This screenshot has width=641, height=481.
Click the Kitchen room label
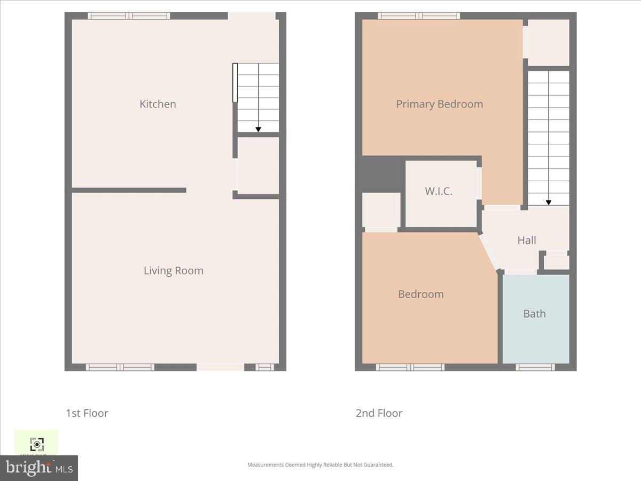158,104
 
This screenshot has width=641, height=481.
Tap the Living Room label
173,270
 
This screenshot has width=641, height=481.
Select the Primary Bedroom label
439,104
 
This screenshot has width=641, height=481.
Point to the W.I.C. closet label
439,191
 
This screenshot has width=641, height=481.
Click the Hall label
526,241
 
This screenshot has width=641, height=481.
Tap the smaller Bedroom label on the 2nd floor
420,294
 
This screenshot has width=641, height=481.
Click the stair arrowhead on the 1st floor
258,129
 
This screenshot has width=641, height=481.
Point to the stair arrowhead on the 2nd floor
548,203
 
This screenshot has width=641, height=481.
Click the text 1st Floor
87,413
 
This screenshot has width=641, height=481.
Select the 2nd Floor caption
379,413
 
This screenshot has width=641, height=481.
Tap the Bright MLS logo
39,468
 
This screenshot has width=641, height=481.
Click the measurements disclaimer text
320,465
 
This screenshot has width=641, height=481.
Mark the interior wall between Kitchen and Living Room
129,190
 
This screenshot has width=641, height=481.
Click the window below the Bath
535,367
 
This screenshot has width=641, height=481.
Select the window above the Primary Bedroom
419,16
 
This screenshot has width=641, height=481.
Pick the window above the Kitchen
129,16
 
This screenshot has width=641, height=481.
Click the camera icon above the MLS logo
36,444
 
